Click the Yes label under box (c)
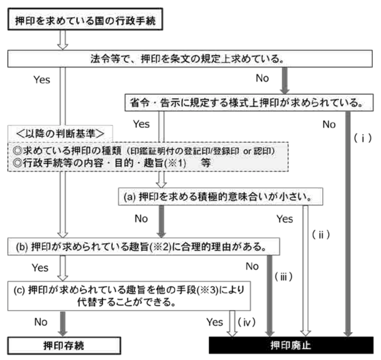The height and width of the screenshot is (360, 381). [215, 322]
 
